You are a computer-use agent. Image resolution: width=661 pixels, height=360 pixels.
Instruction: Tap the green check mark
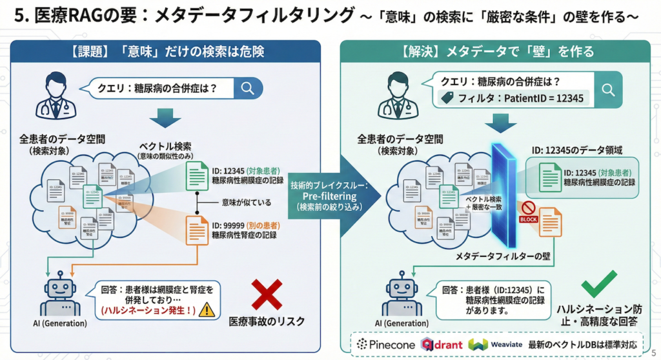click(599, 285)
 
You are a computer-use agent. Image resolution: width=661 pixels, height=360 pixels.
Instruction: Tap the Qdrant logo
click(442, 344)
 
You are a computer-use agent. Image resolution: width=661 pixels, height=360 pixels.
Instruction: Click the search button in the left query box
click(247, 88)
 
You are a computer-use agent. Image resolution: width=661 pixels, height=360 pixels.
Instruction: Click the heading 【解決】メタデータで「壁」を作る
click(498, 52)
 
